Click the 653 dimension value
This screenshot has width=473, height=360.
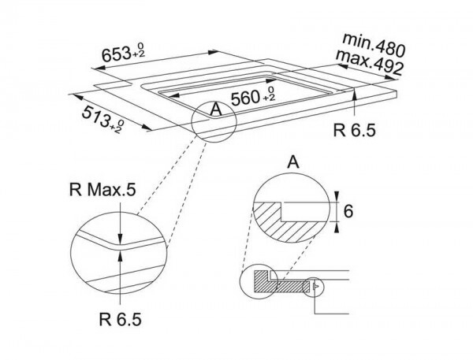pyautogui.click(x=116, y=54)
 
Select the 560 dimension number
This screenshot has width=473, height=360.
pyautogui.click(x=245, y=98)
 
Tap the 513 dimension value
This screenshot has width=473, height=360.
pyautogui.click(x=95, y=116)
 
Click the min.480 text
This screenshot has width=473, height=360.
pyautogui.click(x=374, y=45)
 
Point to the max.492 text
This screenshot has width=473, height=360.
pyautogui.click(x=369, y=62)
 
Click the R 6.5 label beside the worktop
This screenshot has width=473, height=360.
pyautogui.click(x=355, y=131)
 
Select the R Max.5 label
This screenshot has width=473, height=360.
pyautogui.click(x=102, y=190)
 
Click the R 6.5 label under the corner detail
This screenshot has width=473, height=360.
pyautogui.click(x=120, y=319)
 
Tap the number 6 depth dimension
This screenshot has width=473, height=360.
pyautogui.click(x=348, y=211)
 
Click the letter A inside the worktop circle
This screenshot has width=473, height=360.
pyautogui.click(x=216, y=109)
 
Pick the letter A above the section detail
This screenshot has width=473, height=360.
pyautogui.click(x=293, y=162)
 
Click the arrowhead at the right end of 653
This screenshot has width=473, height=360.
pyautogui.click(x=214, y=52)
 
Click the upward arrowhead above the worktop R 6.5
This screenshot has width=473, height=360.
pyautogui.click(x=355, y=94)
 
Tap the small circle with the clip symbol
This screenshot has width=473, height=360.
pyautogui.click(x=313, y=287)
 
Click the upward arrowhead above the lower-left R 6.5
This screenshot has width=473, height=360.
pyautogui.click(x=121, y=257)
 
